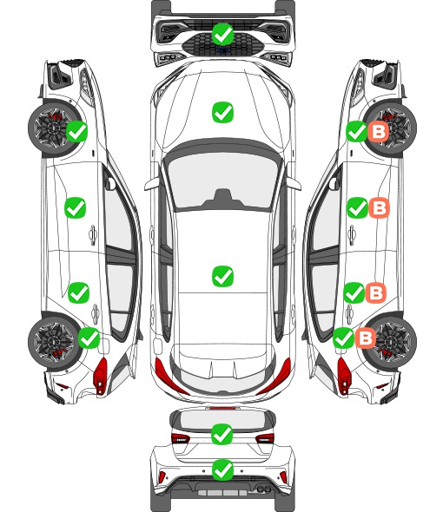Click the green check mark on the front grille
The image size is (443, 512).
coord(222,34)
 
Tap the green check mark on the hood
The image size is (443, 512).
coord(222,112)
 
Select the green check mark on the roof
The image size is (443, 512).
coord(222,276)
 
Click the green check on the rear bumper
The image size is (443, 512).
coord(222,469)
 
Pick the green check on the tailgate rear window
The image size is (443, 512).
coord(222,434)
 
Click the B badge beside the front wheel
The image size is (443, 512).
coord(379,132)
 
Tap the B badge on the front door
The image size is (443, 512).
coord(380,207)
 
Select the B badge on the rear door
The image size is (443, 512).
coord(375,292)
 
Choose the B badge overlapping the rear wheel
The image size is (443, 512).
coord(366,338)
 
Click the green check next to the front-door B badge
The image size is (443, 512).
coord(357,207)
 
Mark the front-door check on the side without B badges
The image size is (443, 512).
coord(76,207)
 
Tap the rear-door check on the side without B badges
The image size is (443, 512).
coord(78,292)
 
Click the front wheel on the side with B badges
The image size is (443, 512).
coord(390,128)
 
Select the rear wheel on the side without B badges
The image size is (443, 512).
coord(54,342)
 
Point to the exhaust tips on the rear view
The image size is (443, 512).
coord(261,489)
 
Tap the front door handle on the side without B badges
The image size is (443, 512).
coord(93,234)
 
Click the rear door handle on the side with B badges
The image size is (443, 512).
coord(349,314)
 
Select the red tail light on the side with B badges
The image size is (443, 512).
coord(343,376)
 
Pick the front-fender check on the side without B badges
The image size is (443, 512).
coord(76,131)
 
